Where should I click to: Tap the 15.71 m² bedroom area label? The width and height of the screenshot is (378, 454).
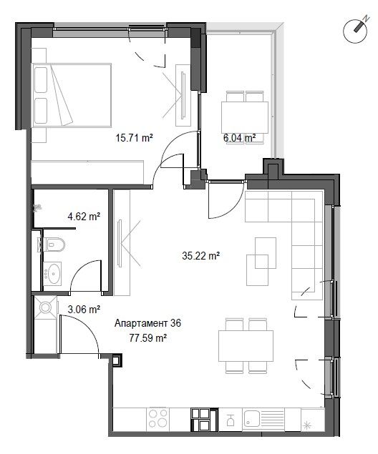(x=134, y=137)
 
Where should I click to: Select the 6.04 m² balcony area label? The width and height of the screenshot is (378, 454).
(x=239, y=137)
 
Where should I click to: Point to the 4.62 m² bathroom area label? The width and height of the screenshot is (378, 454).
(x=84, y=216)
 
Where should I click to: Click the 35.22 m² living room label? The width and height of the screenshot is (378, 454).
(x=201, y=256)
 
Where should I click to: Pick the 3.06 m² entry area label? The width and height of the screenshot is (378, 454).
(x=84, y=310)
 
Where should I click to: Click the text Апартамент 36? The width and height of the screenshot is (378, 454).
(x=148, y=323)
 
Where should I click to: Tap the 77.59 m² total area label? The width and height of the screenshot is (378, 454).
(x=148, y=337)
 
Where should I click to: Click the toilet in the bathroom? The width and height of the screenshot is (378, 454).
(x=54, y=245)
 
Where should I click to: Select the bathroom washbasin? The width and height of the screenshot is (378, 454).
(x=52, y=273)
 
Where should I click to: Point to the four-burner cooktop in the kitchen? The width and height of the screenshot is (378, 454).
(x=158, y=418)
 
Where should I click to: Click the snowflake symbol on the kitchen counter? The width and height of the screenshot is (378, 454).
(x=306, y=425)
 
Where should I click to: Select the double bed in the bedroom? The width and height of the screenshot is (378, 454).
(x=72, y=95)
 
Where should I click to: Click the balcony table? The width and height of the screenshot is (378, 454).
(x=245, y=117)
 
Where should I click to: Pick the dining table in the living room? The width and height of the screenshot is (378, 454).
(x=246, y=346)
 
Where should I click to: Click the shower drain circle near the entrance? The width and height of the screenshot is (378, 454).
(x=45, y=307)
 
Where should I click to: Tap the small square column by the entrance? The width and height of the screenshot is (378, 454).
(x=117, y=360)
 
